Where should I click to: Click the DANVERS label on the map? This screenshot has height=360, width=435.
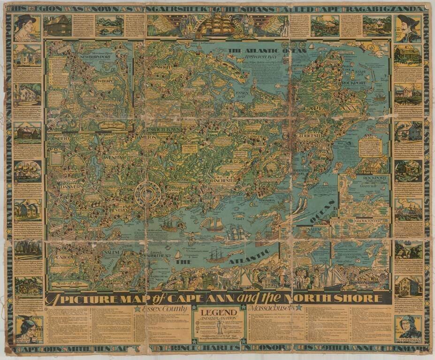point(71,186)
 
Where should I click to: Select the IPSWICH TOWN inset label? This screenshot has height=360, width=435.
point(163,129)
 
